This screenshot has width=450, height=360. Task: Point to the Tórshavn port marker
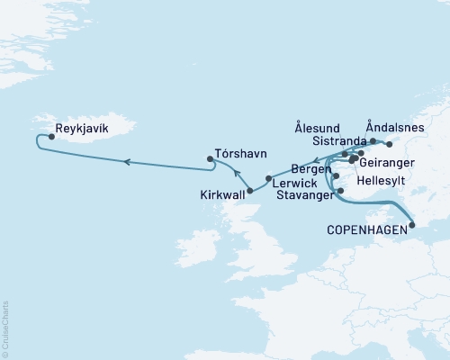(x=211, y=160)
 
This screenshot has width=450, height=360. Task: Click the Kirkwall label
(x=223, y=193)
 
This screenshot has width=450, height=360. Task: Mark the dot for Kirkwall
(x=249, y=190)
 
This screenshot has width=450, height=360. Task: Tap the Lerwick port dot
(x=268, y=177)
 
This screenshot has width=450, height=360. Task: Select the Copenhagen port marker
(x=410, y=227)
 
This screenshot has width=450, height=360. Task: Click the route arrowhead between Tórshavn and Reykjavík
(x=128, y=162)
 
